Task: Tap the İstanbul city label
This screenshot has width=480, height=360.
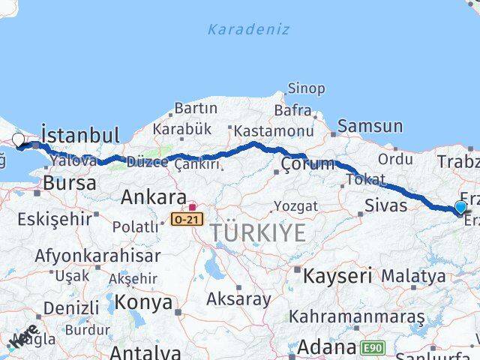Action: click(x=80, y=136)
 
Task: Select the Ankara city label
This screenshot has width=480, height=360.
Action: click(x=154, y=197)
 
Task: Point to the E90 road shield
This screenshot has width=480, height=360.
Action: click(x=373, y=348)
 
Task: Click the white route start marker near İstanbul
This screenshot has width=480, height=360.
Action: click(x=19, y=139)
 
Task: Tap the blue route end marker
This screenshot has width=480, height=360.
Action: click(x=460, y=207)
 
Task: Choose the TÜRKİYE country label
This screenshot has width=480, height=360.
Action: click(x=257, y=233)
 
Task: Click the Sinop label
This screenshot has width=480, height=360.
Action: click(x=307, y=88)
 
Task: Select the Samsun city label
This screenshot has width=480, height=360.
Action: click(x=370, y=126)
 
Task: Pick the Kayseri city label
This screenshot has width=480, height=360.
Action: click(x=337, y=275)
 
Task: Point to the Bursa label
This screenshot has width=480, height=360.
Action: click(x=70, y=183)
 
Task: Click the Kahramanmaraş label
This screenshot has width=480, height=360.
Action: click(x=357, y=316)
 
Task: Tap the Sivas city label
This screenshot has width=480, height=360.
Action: click(x=386, y=205)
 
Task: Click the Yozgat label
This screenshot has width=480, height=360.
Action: click(x=295, y=206)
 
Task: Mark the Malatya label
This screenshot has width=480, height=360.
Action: click(x=413, y=276)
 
